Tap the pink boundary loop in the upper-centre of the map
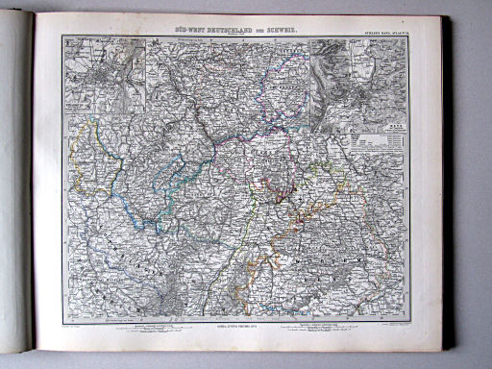click(231, 135)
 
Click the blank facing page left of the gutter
click(14, 192)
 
